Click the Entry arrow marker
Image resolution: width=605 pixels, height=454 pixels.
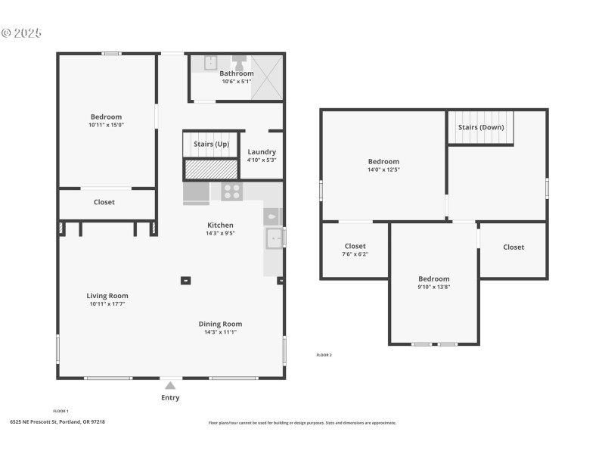pos(170,386)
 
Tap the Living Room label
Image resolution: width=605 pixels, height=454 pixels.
pos(107,296)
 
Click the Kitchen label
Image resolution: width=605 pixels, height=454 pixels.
pos(221,225)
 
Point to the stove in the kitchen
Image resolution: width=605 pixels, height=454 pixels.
pos(231,191)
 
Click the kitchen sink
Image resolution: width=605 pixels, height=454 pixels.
pos(274,238)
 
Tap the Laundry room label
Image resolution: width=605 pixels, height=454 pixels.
pos(262,152)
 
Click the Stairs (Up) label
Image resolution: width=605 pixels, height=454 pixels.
pos(211,144)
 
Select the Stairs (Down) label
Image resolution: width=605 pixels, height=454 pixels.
pos(480,127)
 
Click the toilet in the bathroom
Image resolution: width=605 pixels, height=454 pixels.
pos(239,62)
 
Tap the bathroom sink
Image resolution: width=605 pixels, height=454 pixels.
pos(211,63)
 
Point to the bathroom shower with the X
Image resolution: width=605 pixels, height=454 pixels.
pos(268,77)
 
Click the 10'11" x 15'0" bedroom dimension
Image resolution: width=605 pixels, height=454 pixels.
pos(106,125)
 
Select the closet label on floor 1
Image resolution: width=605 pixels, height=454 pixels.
pos(104,202)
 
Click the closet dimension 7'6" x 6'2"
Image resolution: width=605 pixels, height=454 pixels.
pos(355,254)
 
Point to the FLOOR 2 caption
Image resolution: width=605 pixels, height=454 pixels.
pos(324,355)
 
